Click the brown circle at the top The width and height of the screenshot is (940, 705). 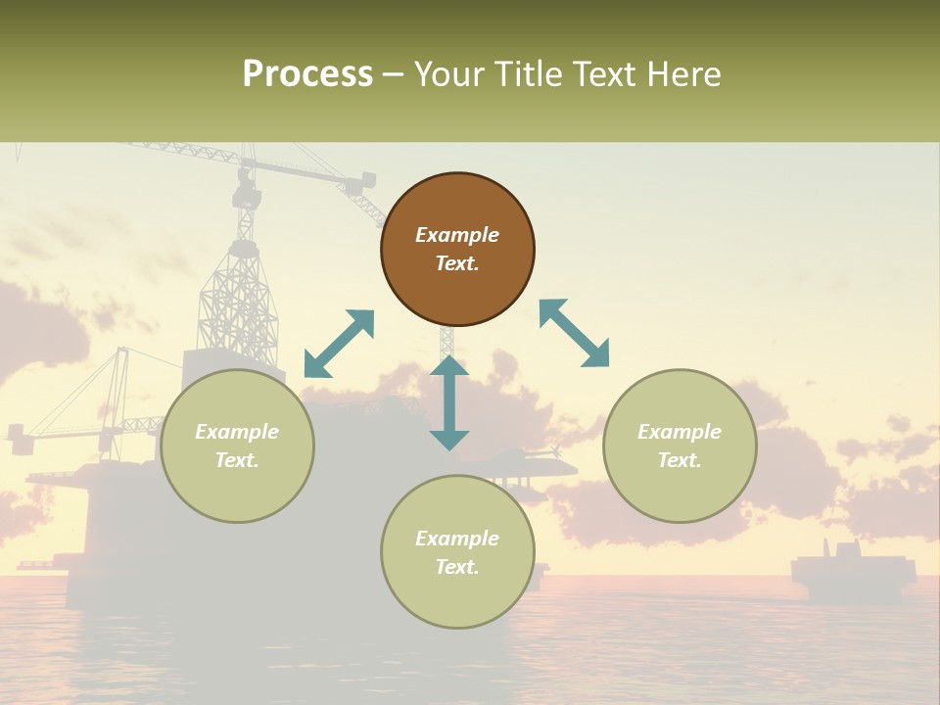[x=457, y=250]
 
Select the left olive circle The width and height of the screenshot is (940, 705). [x=237, y=446]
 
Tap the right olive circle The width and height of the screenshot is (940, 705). [x=680, y=446]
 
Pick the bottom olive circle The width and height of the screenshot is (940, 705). [x=457, y=552]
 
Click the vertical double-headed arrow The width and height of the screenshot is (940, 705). [x=449, y=402]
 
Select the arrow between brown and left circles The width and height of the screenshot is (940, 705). [x=339, y=344]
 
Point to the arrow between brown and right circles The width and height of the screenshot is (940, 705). [x=574, y=333]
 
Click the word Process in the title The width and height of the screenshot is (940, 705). [x=307, y=74]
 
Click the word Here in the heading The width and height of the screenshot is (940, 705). [x=684, y=74]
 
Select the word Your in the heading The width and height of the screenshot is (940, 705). [x=448, y=74]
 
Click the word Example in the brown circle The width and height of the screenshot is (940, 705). [x=457, y=235]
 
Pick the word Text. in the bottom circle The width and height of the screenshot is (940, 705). [x=457, y=567]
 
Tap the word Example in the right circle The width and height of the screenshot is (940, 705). [x=680, y=432]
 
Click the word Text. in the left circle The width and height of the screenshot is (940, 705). [x=237, y=460]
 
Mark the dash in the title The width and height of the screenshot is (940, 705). [x=394, y=74]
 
